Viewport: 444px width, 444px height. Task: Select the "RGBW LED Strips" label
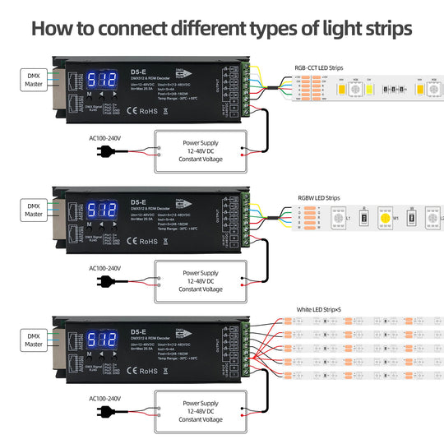click(319, 198)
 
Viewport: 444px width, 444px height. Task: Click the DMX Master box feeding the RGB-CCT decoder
click(34, 79)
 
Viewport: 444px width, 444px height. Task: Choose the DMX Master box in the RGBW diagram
click(34, 210)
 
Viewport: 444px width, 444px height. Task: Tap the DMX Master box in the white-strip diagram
click(34, 339)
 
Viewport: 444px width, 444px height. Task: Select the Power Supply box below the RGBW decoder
click(201, 280)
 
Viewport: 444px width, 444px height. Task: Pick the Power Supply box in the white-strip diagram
click(201, 409)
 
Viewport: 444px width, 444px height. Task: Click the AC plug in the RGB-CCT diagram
click(108, 151)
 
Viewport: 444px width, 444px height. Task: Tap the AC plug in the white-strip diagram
click(108, 409)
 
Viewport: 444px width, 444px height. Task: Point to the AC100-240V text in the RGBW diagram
click(104, 268)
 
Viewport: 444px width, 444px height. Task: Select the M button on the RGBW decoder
click(89, 224)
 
